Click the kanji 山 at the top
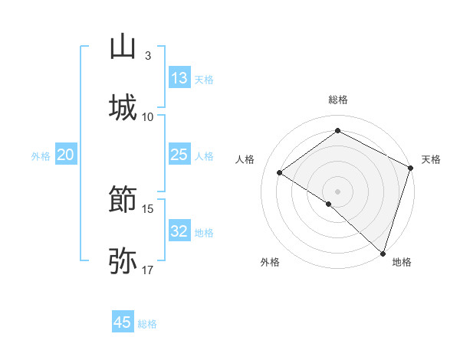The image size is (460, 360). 123,47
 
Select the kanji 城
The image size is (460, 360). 123,108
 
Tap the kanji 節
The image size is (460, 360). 123,201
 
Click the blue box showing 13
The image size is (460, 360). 179,78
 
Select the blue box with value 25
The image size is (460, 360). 179,155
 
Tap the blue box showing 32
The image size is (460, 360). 179,231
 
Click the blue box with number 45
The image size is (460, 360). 123,322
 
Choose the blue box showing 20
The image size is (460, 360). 65,155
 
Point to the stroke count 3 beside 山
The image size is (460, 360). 147,56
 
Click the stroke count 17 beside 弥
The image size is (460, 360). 148,270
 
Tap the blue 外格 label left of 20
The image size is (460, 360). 41,156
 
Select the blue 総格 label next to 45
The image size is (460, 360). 147,324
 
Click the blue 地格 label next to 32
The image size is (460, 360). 204,233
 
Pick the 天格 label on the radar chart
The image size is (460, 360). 431,159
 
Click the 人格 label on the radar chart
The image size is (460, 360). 245,159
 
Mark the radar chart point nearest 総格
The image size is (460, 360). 337,131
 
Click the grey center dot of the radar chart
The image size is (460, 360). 337,191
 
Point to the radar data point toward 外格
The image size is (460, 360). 328,205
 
